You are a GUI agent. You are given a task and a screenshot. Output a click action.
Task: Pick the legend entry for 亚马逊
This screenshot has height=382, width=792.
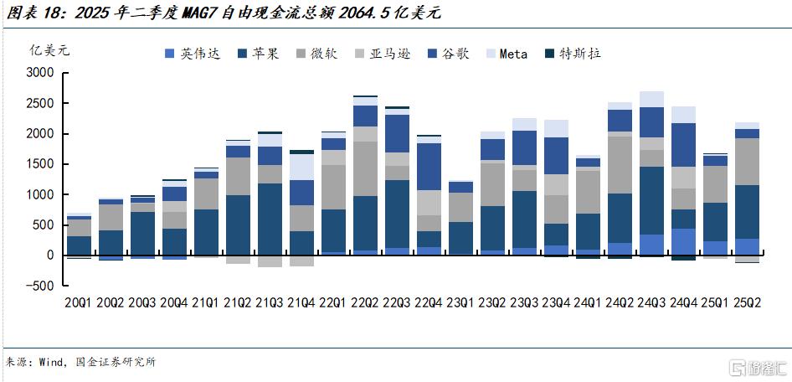[x=386, y=54]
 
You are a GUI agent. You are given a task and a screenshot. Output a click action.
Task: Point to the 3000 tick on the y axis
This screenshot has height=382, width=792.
[x=41, y=73]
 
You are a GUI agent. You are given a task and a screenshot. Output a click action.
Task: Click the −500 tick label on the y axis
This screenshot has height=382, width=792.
[x=39, y=285]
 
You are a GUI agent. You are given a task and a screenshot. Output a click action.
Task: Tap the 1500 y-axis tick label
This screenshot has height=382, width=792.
[x=41, y=164]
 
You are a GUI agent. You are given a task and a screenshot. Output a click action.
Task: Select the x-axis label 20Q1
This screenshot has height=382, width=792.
[x=79, y=302]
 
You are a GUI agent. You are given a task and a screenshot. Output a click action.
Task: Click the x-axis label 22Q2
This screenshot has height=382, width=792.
[x=366, y=302]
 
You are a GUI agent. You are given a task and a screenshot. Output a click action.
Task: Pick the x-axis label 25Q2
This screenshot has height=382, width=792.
[x=748, y=302]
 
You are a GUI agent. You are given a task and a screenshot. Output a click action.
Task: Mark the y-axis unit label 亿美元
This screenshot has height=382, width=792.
[x=49, y=49]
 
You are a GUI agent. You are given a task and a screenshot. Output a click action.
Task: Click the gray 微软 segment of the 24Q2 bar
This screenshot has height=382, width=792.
[x=620, y=164]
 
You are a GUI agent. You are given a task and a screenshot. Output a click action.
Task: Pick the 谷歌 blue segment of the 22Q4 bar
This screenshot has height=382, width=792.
[x=429, y=167]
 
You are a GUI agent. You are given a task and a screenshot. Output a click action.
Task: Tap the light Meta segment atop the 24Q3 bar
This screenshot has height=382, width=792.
[x=652, y=99]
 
